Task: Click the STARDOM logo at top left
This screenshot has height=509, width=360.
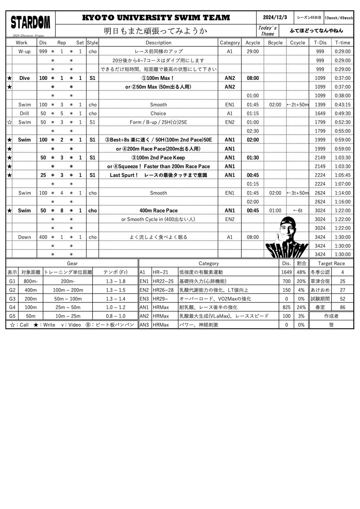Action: coord(30,23)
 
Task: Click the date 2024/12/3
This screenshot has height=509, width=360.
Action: coord(275,17)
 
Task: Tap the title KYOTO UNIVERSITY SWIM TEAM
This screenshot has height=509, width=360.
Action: coord(156,18)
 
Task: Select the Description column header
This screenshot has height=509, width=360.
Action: coord(158,42)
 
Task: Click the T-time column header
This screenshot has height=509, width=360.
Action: coord(342,42)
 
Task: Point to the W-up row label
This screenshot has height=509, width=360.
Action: coord(24,52)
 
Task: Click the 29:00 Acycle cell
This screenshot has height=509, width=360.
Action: coord(253,52)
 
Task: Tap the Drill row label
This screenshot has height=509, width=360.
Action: coord(24,113)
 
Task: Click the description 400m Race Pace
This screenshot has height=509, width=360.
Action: coord(158,210)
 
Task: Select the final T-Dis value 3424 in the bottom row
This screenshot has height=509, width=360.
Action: coord(320,254)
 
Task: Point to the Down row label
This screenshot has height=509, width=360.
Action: coord(24,237)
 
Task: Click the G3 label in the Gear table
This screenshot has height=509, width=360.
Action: coord(12,299)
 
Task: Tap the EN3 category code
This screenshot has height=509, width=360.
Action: coord(144,299)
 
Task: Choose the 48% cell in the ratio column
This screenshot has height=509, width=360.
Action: coord(301,272)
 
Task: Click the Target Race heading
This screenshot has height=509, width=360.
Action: coord(331,263)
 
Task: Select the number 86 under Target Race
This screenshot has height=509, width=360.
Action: coord(342,307)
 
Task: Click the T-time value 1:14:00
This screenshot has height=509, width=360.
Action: coord(342,193)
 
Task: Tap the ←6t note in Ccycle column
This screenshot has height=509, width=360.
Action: coord(297,210)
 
